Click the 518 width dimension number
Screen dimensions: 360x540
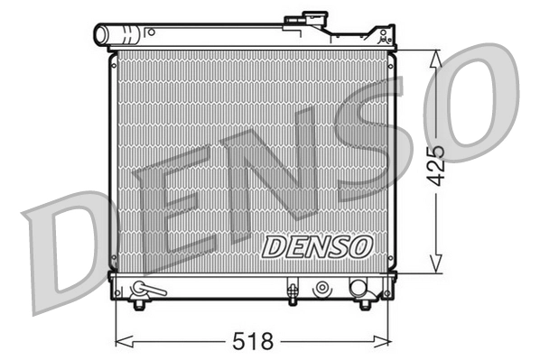[x=254, y=343]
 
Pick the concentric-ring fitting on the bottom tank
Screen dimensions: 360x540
[x=321, y=289]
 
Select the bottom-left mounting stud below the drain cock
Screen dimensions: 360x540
[x=138, y=305]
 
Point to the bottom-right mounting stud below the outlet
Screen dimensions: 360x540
[x=365, y=305]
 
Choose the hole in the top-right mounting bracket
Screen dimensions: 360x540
[x=387, y=35]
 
